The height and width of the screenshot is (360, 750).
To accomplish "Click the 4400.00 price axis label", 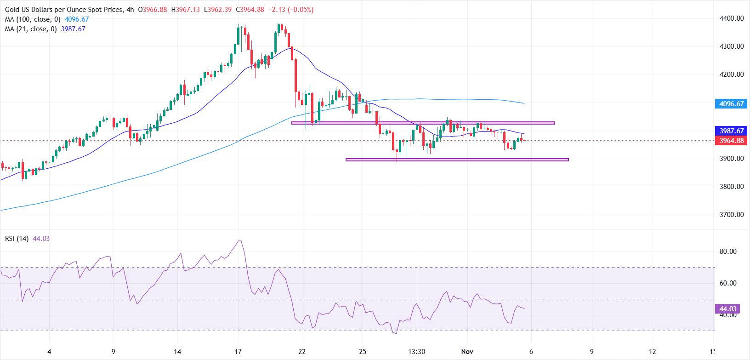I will tap(731, 18).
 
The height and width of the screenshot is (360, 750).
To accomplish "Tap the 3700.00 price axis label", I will tap(731, 214).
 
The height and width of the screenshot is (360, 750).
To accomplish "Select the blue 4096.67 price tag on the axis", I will tap(731, 104).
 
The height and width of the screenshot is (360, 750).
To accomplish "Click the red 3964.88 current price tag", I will tap(731, 141).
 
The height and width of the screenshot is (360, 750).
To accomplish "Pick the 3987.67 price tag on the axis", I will tap(731, 131).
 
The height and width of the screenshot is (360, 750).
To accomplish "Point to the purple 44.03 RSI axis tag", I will tap(727, 309).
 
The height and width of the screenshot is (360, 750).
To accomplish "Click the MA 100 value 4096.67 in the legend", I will tap(77, 19).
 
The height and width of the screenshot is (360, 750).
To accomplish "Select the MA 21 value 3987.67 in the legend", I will tap(73, 29).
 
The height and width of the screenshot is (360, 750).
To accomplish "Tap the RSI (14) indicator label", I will tap(17, 239).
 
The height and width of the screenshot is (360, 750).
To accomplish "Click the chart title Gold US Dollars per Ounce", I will tap(64, 10).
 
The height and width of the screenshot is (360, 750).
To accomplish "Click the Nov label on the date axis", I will tap(467, 352).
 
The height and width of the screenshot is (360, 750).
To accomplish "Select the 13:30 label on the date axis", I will tap(416, 352).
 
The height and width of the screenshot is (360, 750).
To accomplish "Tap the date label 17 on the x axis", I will tap(238, 352).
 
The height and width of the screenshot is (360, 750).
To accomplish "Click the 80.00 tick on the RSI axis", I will tap(728, 251).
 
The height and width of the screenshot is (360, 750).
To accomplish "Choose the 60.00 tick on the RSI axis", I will tap(728, 283).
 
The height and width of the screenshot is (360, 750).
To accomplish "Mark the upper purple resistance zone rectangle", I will tap(423, 123).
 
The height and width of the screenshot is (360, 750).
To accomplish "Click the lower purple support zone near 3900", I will tap(457, 160).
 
